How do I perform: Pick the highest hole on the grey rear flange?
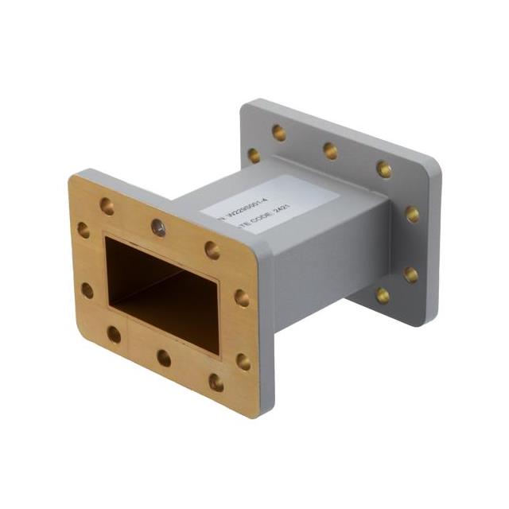coord(279,133)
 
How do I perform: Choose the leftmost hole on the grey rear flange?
coord(254,155)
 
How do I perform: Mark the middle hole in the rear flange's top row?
coord(330,150)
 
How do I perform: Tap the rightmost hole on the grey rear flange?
coord(412,213)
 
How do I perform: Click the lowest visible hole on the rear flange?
coord(383,296)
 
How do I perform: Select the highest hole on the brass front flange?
coord(107,207)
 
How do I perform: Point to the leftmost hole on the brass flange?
coord(84,230)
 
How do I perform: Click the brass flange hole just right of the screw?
coord(212,250)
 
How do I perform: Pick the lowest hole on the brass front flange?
coord(216,382)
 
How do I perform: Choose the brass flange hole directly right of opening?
coord(241,298)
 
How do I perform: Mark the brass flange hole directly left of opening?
coord(87,289)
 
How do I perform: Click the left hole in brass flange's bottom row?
coord(114,334)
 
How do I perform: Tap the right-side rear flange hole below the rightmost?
coord(410,274)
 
